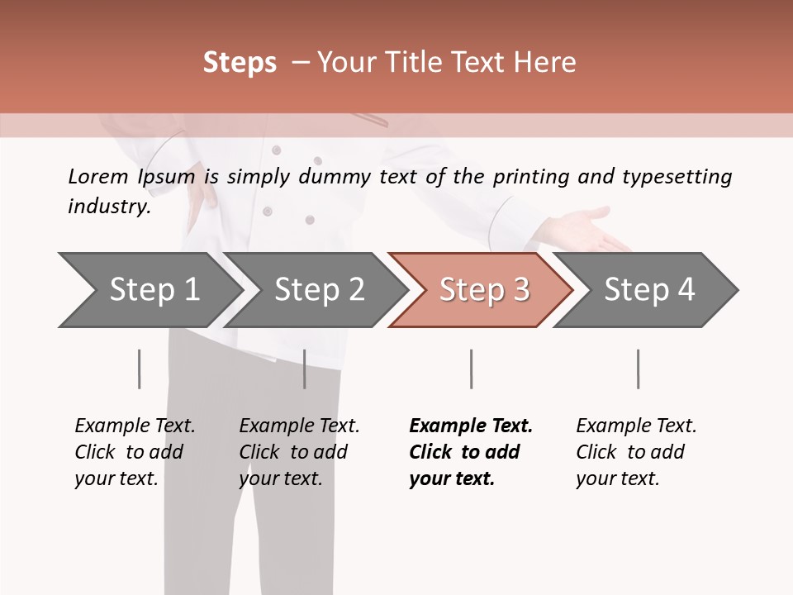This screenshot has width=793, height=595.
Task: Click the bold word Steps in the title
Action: pos(240,63)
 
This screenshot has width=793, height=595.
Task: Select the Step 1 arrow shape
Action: pos(149,290)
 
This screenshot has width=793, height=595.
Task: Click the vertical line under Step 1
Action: pos(139,369)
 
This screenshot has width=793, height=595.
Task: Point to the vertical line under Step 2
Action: pos(305,369)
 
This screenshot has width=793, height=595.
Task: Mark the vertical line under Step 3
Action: pos(471,369)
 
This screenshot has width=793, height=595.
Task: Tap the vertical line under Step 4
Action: pos(638,369)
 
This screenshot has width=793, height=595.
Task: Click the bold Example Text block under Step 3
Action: pos(470,452)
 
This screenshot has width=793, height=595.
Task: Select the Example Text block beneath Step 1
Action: pos(135,452)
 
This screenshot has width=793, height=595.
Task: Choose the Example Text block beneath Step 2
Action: pos(299,452)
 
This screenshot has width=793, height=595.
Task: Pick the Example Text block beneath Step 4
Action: pos(636,452)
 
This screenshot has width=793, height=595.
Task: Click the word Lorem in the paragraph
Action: pos(98,176)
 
